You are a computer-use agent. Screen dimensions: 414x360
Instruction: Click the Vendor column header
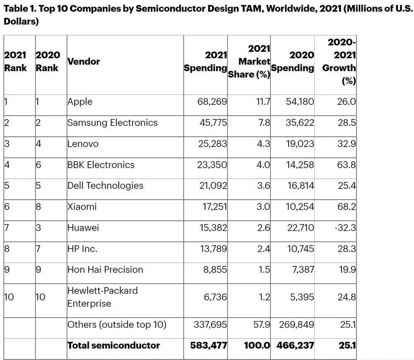pos(84,62)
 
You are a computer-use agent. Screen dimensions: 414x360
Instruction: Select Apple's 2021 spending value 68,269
pos(212,101)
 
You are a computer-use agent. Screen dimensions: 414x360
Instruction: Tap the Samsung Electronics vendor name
pos(113,123)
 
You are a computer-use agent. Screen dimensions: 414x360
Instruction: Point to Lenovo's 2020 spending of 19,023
pos(300,144)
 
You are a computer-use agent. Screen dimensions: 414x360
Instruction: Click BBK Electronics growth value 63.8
pos(347,165)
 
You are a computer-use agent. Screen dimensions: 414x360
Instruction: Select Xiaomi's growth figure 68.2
pos(347,207)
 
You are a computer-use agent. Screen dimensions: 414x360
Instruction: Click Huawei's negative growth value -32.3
pos(345,228)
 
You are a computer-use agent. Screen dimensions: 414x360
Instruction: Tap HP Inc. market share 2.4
pos(263,249)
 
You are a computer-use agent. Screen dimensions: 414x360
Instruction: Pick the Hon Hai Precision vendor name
pos(105,270)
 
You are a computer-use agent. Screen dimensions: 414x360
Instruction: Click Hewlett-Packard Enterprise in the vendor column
pos(102,297)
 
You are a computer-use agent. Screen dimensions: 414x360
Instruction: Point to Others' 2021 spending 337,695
pos(210,325)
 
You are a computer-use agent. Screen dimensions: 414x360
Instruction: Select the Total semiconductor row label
pos(113,346)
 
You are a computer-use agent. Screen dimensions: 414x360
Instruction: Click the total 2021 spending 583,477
pos(209,346)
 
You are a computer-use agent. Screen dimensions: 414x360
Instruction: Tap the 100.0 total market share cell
pos(257,346)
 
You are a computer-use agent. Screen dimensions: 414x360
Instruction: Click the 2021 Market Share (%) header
pos(249,62)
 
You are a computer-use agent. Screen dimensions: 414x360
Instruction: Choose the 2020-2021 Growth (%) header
pos(339,62)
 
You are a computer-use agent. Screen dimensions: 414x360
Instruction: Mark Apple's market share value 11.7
pos(263,101)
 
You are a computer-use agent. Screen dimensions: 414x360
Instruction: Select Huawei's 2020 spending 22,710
pos(301,228)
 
